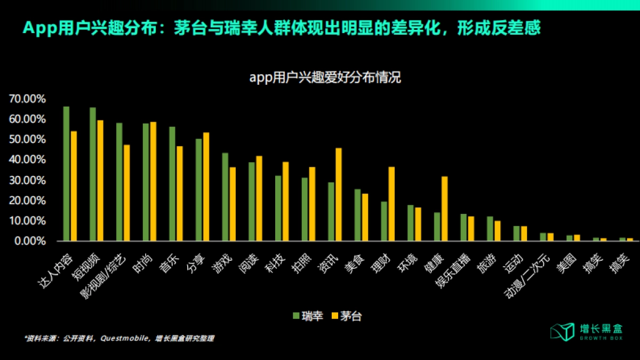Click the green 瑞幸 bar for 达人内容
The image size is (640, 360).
(x=66, y=174)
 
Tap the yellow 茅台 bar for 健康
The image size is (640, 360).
(x=444, y=209)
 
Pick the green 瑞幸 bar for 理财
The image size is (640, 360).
(x=384, y=221)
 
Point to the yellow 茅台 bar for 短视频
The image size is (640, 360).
(x=100, y=181)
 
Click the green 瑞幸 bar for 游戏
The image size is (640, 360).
(x=225, y=197)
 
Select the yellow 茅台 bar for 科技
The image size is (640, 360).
(x=286, y=202)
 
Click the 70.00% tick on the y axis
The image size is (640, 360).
(x=27, y=99)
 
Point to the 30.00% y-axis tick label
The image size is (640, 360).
(x=27, y=180)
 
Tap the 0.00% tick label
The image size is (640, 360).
(x=29, y=241)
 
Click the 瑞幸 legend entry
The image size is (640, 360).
(x=308, y=316)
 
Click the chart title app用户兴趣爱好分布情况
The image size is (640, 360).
(x=325, y=78)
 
